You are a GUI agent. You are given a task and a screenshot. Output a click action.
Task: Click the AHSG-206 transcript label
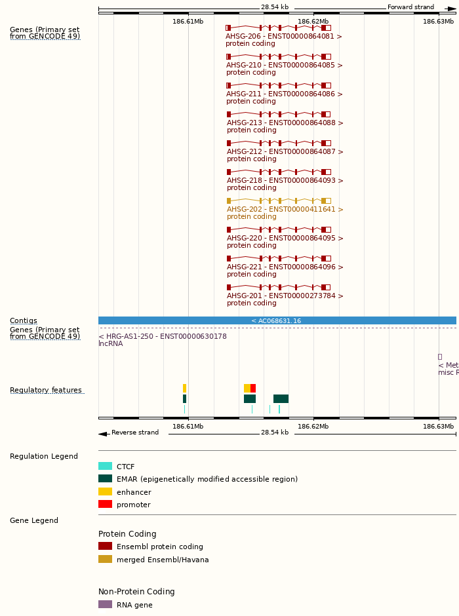(x=284, y=37)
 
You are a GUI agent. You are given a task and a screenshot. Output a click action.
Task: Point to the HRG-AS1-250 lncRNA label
(x=163, y=336)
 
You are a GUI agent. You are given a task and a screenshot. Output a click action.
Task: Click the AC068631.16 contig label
(x=276, y=321)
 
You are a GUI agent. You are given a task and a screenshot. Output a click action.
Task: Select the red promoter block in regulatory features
(x=253, y=388)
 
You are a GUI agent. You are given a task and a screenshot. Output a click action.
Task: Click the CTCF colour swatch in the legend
(x=105, y=466)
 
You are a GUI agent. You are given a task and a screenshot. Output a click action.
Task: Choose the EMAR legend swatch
(x=105, y=478)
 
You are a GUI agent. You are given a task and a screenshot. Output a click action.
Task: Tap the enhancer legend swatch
(x=105, y=491)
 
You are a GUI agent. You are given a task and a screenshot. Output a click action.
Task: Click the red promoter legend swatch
(x=105, y=504)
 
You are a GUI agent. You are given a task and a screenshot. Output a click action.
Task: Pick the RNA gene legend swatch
(x=105, y=604)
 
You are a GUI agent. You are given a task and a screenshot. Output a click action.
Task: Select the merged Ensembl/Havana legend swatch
(x=105, y=559)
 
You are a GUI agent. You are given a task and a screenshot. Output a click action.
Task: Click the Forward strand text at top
(x=410, y=7)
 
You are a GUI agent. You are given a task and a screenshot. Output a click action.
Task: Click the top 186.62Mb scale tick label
(x=313, y=22)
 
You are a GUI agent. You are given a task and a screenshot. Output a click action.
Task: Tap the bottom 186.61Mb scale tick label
(x=188, y=427)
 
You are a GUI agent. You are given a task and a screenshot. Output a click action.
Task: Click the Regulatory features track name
(x=45, y=391)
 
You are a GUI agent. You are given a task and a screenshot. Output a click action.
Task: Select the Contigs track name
(x=23, y=321)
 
